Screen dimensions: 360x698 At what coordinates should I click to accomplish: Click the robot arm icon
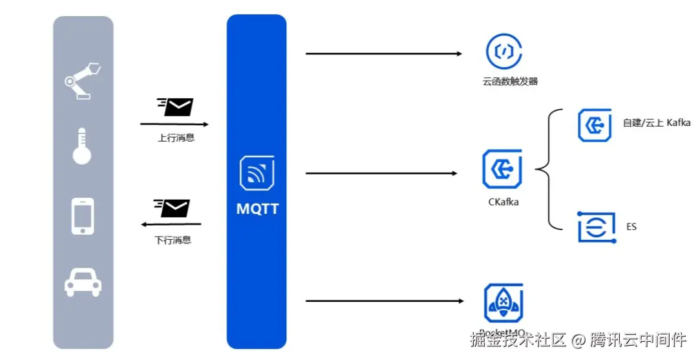[x=82, y=80]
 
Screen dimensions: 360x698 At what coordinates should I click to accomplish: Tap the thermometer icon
[x=82, y=146]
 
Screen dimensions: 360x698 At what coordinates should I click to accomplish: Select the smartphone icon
[x=82, y=216]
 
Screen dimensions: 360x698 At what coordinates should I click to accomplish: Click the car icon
[x=82, y=282]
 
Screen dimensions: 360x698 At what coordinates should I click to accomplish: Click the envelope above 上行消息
[x=175, y=107]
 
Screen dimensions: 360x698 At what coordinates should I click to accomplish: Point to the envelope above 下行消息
[x=173, y=208]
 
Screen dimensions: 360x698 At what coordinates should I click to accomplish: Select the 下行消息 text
[x=173, y=240]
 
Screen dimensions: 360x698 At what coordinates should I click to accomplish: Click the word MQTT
[x=257, y=209]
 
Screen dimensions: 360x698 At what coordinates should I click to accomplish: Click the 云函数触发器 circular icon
[x=504, y=52]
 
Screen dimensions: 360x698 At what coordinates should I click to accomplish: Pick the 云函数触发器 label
[x=510, y=82]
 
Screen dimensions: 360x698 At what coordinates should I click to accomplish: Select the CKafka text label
[x=503, y=202]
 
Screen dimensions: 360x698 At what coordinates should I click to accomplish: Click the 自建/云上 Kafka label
[x=657, y=123]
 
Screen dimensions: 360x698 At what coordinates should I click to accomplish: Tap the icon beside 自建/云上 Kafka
[x=595, y=125]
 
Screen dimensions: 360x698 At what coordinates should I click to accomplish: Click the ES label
[x=631, y=227]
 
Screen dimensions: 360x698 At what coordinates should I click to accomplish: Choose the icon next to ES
[x=595, y=227]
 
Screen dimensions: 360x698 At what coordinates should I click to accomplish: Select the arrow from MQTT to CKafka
[x=381, y=173]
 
